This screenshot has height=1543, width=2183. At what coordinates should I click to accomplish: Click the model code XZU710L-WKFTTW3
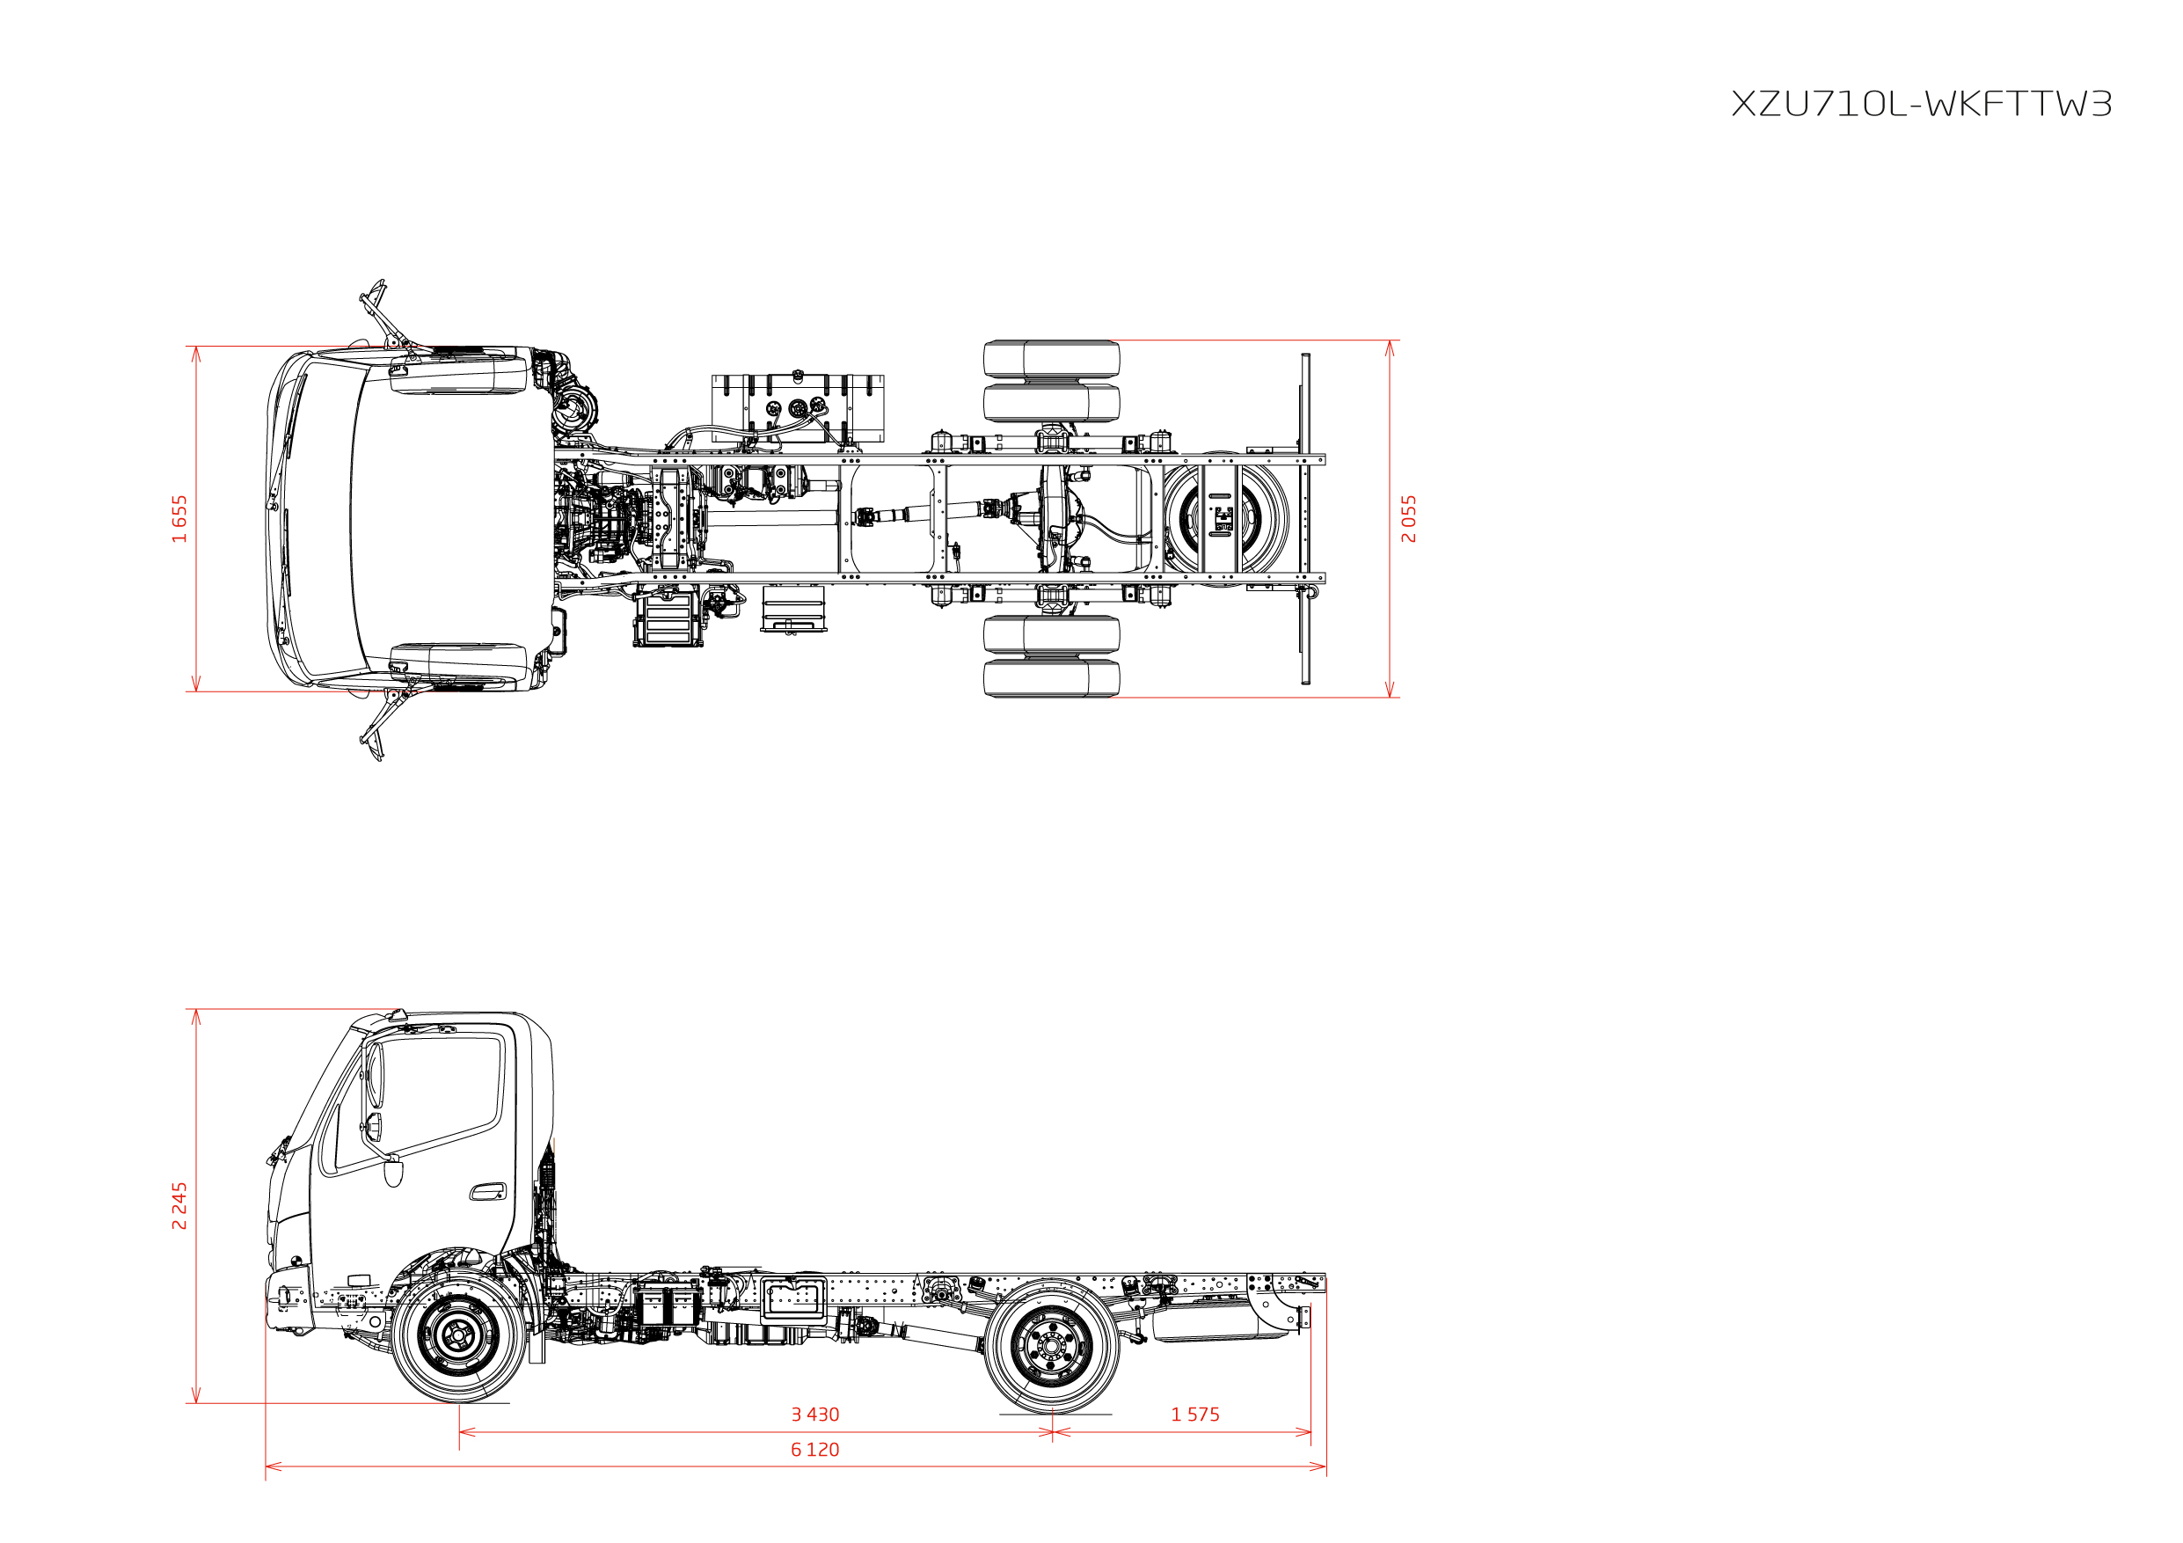[1921, 104]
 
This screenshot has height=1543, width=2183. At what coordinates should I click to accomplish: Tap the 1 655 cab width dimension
[179, 518]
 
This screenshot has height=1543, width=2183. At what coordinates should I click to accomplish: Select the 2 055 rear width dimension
[1408, 518]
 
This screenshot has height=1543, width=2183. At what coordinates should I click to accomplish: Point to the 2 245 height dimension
[179, 1205]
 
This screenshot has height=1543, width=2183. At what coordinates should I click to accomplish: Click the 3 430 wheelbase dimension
[814, 1415]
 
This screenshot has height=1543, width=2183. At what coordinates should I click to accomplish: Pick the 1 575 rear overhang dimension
[1195, 1415]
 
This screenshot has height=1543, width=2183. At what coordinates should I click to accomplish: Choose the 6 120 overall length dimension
[814, 1450]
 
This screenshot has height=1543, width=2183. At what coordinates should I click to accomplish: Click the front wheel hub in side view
[458, 1335]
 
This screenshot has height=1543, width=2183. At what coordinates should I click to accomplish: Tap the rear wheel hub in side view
[1052, 1345]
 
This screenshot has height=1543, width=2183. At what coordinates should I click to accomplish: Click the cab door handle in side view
[488, 1192]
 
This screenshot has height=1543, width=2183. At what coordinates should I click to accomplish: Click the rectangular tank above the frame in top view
[798, 409]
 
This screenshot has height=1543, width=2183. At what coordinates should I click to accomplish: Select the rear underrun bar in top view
[1305, 518]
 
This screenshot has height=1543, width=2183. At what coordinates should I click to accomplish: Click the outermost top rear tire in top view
[1052, 358]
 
